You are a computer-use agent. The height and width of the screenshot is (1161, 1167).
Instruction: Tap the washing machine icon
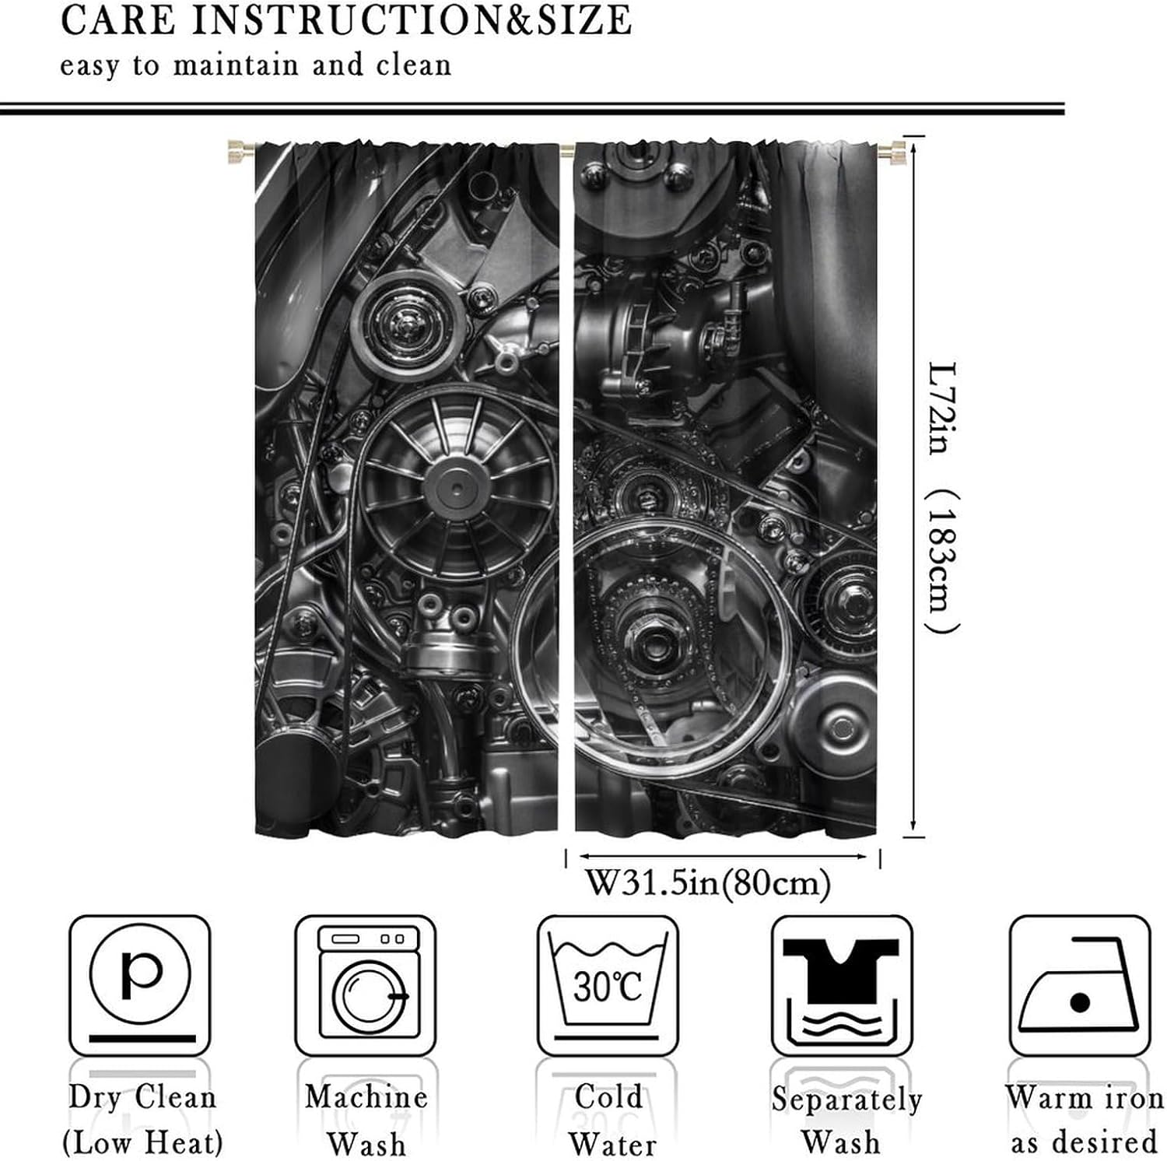tap(366, 985)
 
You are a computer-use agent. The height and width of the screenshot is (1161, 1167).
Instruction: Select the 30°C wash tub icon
tap(608, 985)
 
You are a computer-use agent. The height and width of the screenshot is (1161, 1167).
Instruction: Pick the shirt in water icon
tap(841, 985)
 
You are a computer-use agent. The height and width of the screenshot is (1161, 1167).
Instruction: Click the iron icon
tap(1079, 985)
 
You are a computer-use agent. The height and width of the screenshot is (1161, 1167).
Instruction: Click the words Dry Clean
tap(142, 1098)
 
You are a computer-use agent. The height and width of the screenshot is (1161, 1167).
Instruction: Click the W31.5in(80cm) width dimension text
tap(707, 884)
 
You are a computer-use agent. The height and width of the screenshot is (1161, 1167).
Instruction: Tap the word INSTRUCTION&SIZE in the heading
tap(412, 20)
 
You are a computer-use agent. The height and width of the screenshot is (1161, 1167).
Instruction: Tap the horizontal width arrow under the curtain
tap(721, 857)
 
